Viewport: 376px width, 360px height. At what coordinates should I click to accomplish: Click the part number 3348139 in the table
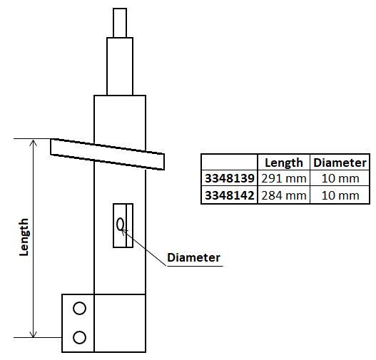click(x=228, y=178)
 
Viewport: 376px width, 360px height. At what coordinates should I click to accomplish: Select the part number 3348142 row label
click(x=228, y=195)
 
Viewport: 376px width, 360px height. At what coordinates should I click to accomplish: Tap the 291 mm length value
click(x=284, y=178)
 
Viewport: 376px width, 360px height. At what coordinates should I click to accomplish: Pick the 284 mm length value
click(x=284, y=195)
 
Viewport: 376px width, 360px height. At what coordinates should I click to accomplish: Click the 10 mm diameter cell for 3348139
click(x=340, y=178)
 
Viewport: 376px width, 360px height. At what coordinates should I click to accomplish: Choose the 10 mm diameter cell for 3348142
click(x=340, y=195)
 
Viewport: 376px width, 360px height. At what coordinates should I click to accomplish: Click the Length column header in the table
click(x=284, y=163)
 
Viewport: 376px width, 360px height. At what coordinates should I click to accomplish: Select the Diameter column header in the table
click(x=340, y=163)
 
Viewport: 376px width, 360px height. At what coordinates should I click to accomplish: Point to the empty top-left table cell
click(x=228, y=163)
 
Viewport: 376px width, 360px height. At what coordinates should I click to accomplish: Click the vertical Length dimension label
click(x=24, y=237)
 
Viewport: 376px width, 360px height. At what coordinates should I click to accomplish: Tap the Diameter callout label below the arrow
click(x=193, y=257)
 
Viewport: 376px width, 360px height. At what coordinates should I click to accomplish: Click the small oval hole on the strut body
click(x=121, y=225)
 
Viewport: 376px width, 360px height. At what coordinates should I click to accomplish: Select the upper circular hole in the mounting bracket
click(x=79, y=308)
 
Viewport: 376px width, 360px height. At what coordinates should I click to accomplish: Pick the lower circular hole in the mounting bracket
click(x=79, y=336)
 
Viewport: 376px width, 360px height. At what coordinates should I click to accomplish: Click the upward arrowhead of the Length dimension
click(x=33, y=143)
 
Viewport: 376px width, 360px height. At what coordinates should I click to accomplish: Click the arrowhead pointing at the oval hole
click(x=126, y=230)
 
